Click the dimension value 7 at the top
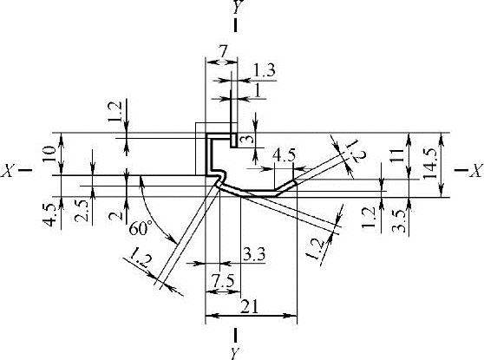223,51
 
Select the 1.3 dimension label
264,71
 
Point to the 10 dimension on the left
50,154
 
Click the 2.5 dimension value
82,211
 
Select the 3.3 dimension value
254,255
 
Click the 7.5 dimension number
223,280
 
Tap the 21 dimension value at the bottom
250,307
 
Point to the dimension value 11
398,155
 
